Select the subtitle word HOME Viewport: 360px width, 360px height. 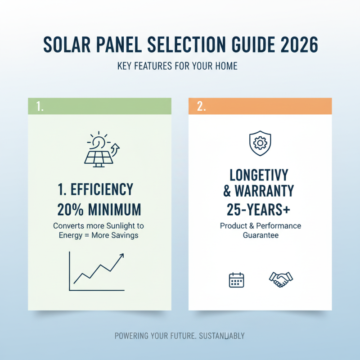pyautogui.click(x=226, y=66)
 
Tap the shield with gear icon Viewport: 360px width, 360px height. pyautogui.click(x=260, y=143)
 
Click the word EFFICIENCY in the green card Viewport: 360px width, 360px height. pyautogui.click(x=101, y=189)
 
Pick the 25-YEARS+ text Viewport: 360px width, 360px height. pyautogui.click(x=260, y=209)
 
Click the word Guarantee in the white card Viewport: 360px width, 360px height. pyautogui.click(x=260, y=235)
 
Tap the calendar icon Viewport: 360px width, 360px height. pyautogui.click(x=236, y=279)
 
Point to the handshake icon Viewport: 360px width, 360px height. pyautogui.click(x=281, y=279)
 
